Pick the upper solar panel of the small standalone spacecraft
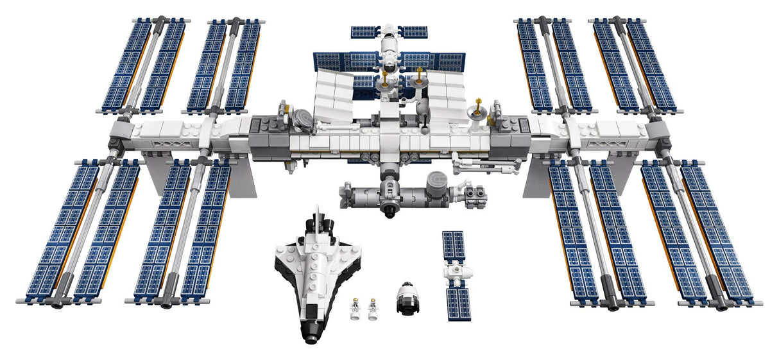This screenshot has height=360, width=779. [454, 245]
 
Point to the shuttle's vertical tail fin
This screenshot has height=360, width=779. [316, 216]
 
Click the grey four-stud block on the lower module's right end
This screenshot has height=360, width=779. [476, 191]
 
